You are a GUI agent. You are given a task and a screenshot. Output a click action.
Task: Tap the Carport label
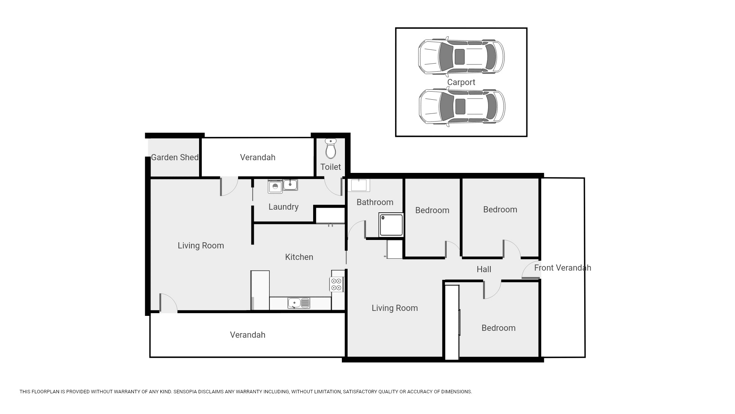click(x=461, y=82)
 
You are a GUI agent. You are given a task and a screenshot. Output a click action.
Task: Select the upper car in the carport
click(x=461, y=57)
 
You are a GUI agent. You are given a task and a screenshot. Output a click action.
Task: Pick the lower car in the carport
click(x=462, y=107)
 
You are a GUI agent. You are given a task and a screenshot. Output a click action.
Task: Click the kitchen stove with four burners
click(x=336, y=284)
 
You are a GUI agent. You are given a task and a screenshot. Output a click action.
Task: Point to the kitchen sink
click(x=299, y=303)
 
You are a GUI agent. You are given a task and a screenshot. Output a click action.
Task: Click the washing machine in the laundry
click(x=275, y=187)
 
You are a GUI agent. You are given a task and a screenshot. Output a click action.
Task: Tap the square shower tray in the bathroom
click(x=391, y=225)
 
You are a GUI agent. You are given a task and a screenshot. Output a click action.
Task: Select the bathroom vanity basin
click(x=359, y=185)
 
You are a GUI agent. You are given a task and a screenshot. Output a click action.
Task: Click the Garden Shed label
click(x=175, y=158)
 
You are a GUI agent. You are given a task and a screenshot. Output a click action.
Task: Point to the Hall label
click(x=484, y=269)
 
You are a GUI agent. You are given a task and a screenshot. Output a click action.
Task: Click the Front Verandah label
click(x=562, y=268)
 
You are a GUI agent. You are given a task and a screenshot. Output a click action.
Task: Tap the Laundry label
click(x=283, y=207)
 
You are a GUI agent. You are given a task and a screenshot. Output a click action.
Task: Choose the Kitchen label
click(x=299, y=257)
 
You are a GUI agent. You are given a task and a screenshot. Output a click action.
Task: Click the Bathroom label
click(x=375, y=202)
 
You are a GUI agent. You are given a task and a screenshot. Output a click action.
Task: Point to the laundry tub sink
click(x=290, y=185)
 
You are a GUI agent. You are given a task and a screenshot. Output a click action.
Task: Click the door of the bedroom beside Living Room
click(x=492, y=290)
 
